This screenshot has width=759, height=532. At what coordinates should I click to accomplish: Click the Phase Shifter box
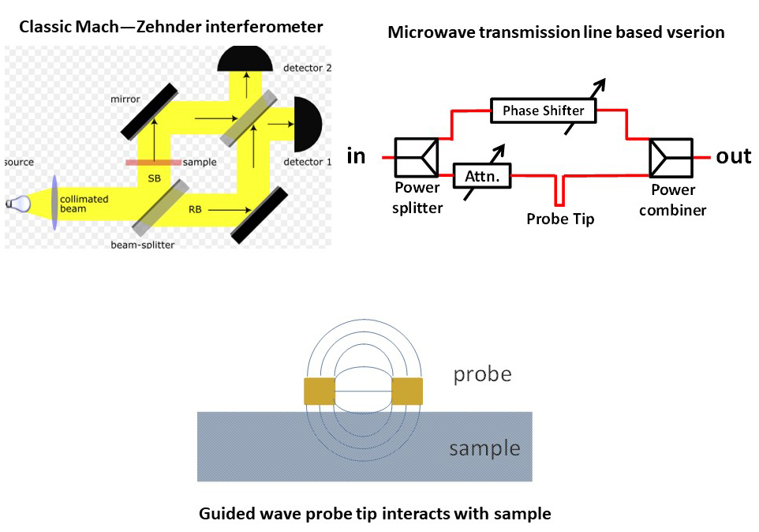point(543,111)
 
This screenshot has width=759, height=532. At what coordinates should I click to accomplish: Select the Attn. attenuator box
point(482,175)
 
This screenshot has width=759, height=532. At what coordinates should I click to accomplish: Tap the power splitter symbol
point(417,156)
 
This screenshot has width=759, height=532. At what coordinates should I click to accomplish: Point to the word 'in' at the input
point(357,156)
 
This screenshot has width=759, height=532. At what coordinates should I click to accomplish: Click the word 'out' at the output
point(733,156)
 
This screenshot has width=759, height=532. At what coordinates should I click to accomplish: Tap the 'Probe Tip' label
point(560,219)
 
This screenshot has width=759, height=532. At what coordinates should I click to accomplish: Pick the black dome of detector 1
point(308,124)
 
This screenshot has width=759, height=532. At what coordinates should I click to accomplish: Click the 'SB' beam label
point(154,178)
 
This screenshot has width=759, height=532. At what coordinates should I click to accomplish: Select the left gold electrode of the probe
point(320,391)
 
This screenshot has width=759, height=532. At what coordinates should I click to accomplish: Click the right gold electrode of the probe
point(407,391)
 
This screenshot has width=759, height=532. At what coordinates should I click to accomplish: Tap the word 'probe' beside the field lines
point(482,374)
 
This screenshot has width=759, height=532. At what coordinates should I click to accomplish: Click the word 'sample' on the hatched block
point(484,449)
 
